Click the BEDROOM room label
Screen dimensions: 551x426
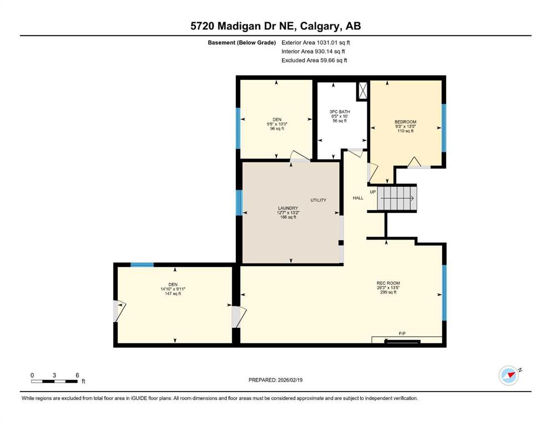point(405,122)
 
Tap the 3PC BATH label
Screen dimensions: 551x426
point(340,111)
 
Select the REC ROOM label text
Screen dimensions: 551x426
point(388,283)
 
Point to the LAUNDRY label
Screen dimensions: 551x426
point(288,208)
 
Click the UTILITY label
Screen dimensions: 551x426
point(319,200)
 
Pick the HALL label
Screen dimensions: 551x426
point(358,198)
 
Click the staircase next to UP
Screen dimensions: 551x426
point(397,199)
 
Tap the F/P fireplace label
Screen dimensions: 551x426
point(402,333)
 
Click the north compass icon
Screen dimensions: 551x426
point(509,375)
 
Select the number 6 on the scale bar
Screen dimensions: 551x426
point(77,375)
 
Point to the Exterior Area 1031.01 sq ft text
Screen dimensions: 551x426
point(316,43)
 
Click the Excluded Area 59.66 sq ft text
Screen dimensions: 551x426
point(314,60)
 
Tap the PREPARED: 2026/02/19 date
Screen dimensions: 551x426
point(275,380)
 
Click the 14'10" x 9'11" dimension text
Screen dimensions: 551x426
point(173,289)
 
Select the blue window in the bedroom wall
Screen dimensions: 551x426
point(444,128)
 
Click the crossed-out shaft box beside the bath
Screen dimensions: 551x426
point(362,90)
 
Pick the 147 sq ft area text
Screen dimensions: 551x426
point(173,293)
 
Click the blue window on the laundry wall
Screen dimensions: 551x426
point(239,202)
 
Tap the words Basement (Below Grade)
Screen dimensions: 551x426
point(242,43)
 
